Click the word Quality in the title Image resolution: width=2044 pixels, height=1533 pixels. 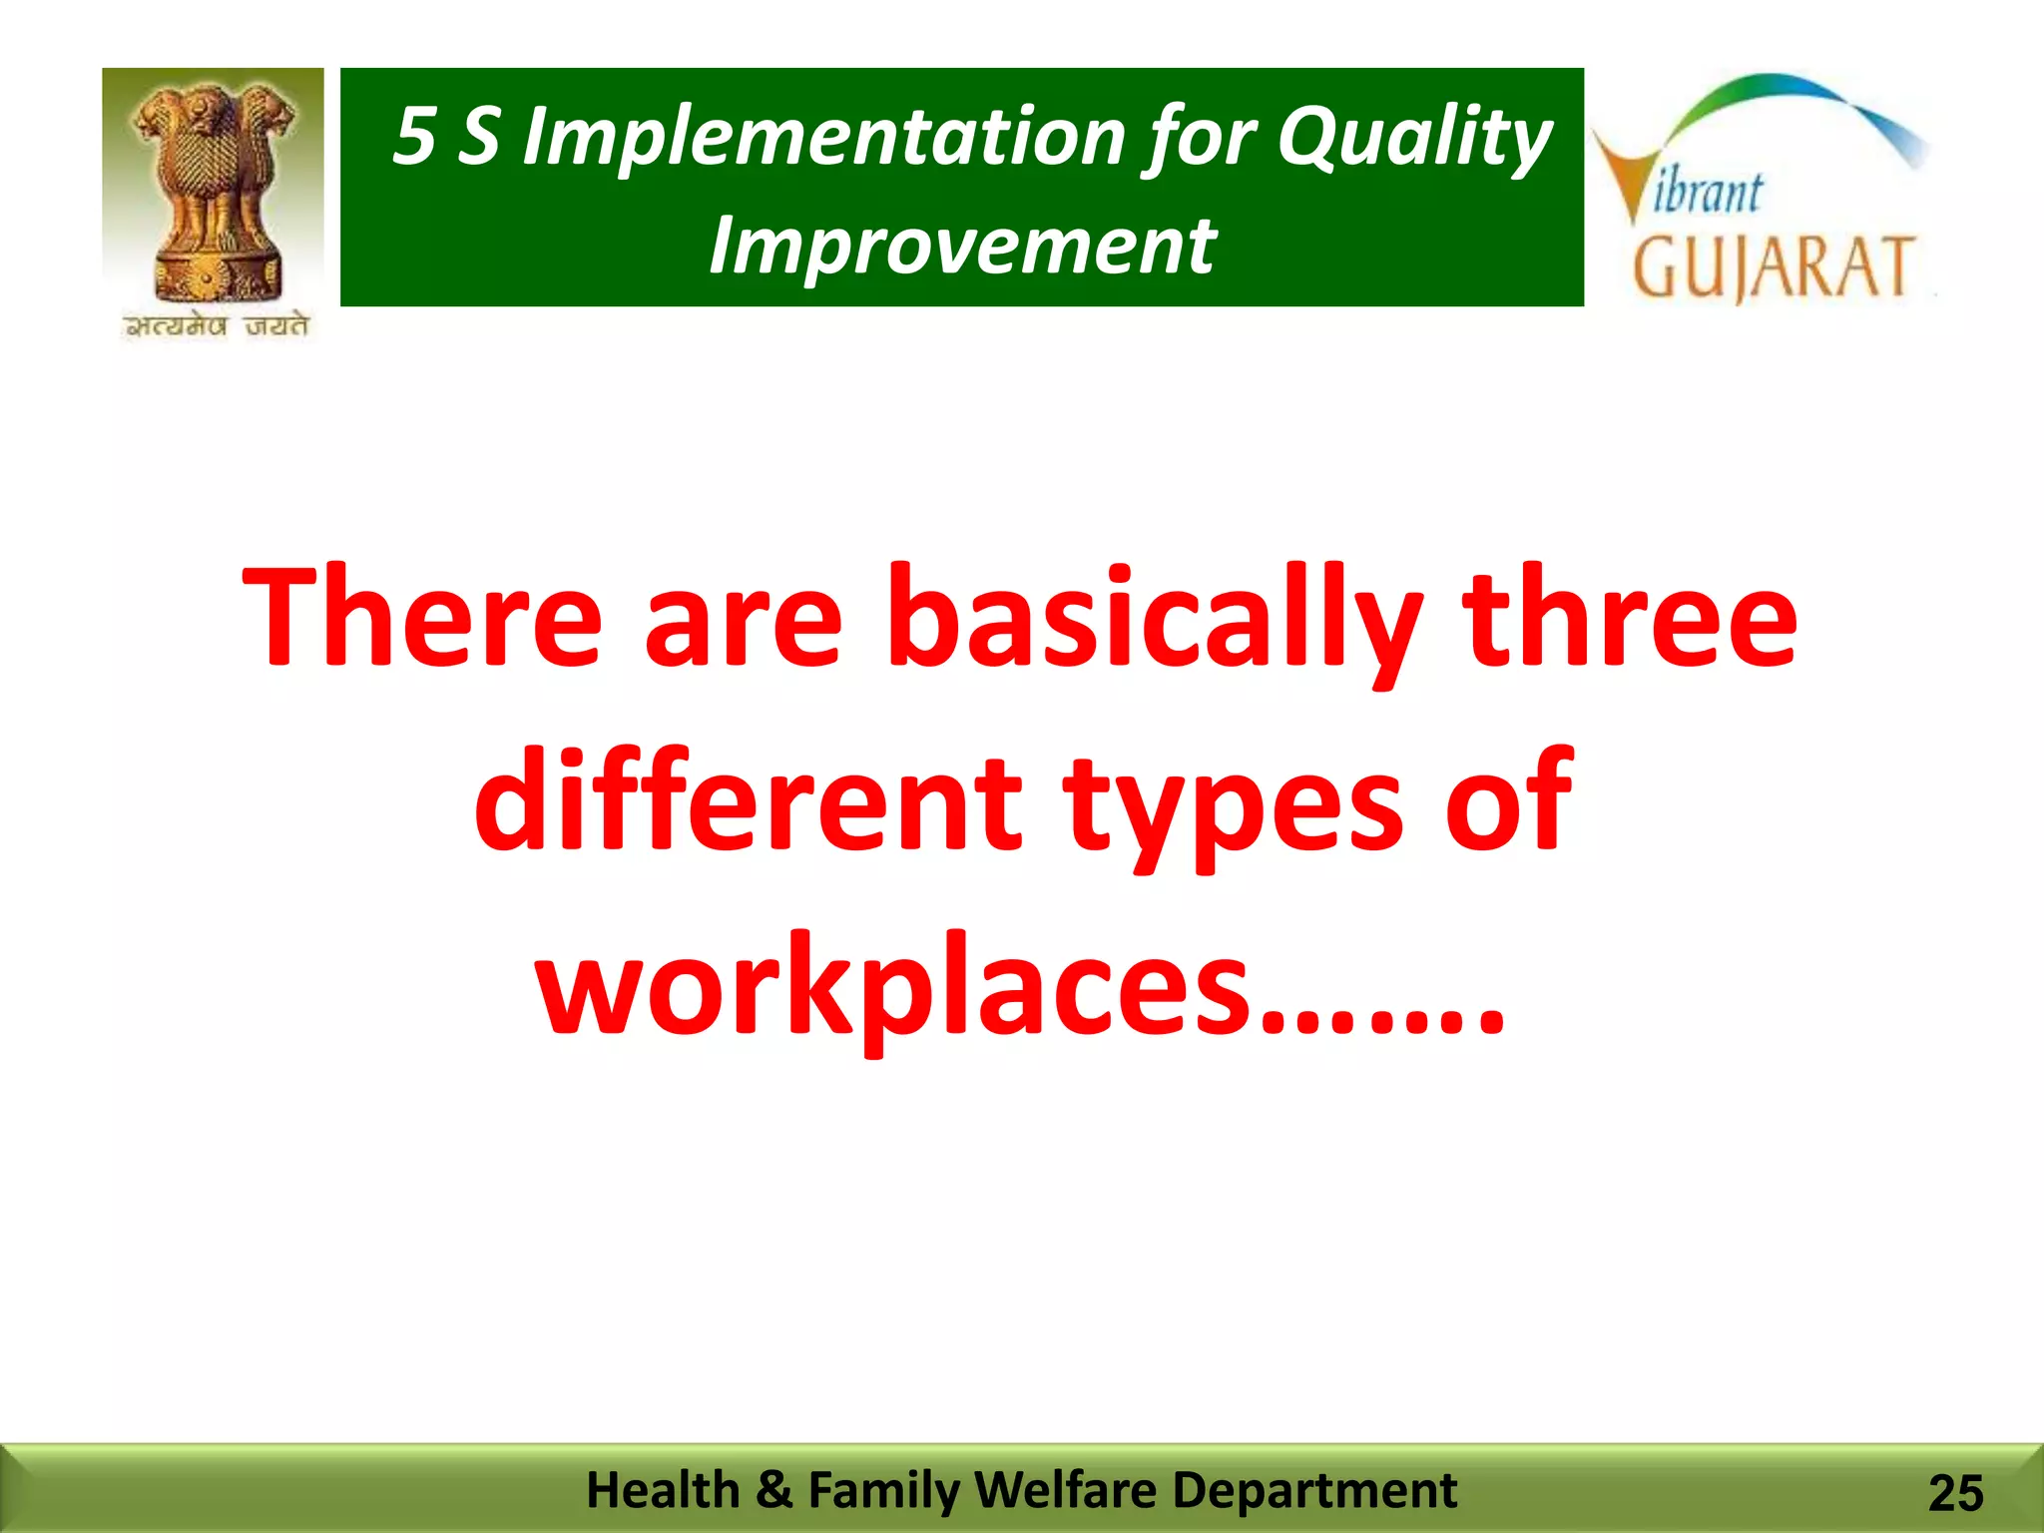tap(1414, 138)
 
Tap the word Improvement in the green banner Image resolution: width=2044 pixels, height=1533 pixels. tap(962, 246)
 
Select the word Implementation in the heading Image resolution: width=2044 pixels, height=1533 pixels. tap(824, 138)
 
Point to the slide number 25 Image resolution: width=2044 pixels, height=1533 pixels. tap(1955, 1494)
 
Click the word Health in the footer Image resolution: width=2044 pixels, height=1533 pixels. tap(663, 1490)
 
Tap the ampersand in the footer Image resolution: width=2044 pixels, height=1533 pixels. tap(773, 1490)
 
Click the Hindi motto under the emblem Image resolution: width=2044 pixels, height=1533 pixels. tap(216, 326)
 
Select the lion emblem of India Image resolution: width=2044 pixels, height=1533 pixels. tap(214, 190)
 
